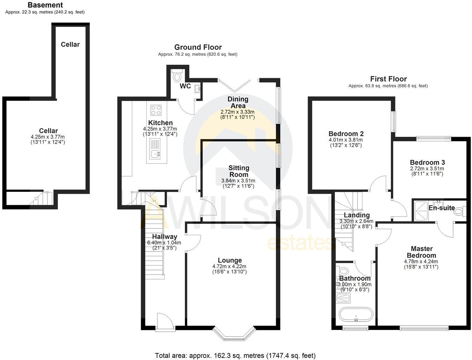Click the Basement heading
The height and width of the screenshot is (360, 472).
45,5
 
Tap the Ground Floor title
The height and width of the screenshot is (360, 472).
198,47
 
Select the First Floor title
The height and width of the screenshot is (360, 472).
388,79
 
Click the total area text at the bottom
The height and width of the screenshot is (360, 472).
235,355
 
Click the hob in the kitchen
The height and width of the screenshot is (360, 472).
156,110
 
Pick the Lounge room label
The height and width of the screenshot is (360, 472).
230,260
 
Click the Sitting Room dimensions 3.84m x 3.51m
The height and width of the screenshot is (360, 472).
238,181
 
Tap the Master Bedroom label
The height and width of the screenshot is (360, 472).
421,252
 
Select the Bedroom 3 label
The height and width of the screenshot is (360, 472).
427,162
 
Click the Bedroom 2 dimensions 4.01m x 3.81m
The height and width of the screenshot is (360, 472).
345,140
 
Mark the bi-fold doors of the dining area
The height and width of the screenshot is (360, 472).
235,82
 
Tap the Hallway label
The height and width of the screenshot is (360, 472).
164,237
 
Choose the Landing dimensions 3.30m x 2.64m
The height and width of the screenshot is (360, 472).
356,221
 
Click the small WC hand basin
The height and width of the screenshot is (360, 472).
198,88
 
